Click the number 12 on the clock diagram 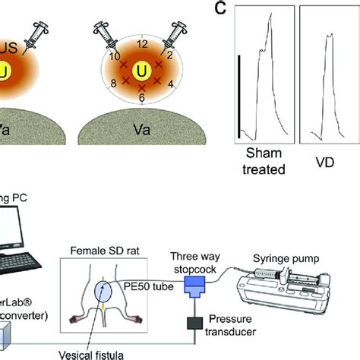coord(140,44)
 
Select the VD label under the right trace coord(324,162)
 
